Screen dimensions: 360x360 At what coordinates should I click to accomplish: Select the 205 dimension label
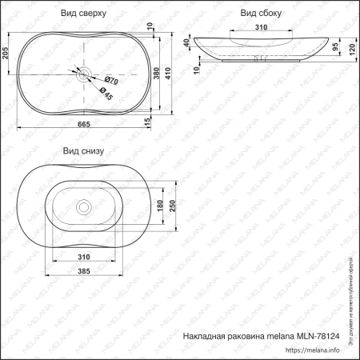click(x=7, y=54)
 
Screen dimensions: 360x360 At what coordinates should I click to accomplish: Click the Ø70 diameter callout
click(x=111, y=81)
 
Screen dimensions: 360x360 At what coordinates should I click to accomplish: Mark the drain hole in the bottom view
click(x=83, y=207)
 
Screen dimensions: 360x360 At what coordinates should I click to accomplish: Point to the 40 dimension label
click(x=187, y=43)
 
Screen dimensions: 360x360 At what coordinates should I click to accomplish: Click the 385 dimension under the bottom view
click(x=83, y=272)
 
